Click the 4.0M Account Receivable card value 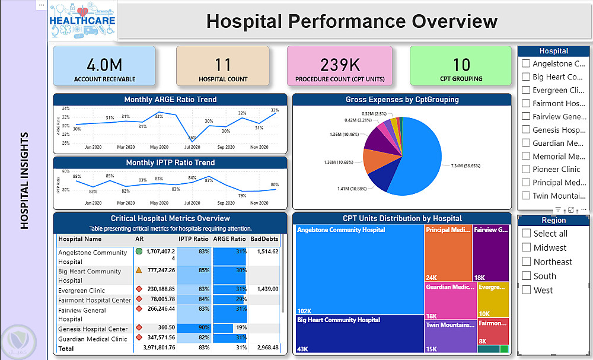[x=104, y=65]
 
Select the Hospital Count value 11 [x=223, y=65]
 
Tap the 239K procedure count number [x=340, y=65]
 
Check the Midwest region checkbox [x=526, y=247]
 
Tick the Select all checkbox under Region [x=526, y=233]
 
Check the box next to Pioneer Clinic [x=525, y=169]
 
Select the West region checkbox [x=526, y=290]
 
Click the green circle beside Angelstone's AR [x=139, y=251]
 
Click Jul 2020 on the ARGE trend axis [x=192, y=147]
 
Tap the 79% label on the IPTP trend [x=242, y=196]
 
